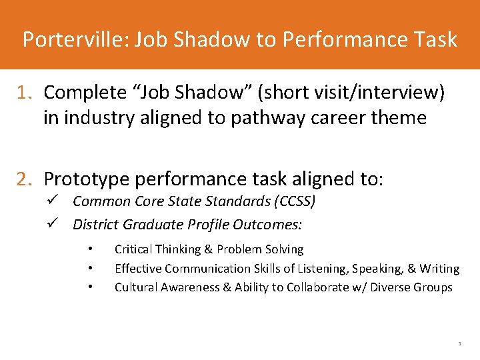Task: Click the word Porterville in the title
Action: point(73,39)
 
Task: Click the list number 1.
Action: point(25,93)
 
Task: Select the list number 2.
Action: point(25,179)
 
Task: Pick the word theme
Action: point(399,118)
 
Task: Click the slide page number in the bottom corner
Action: point(459,344)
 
